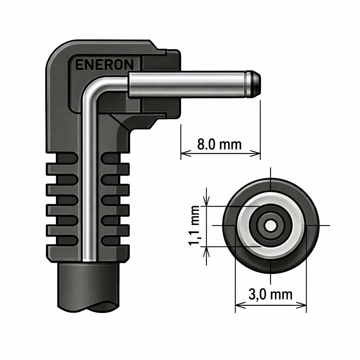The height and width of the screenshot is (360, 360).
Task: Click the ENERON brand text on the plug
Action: (x=104, y=65)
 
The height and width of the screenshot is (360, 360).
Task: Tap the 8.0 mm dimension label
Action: (x=219, y=144)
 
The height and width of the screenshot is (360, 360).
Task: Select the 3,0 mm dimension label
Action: (x=270, y=295)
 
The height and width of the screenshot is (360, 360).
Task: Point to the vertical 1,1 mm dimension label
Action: (x=194, y=226)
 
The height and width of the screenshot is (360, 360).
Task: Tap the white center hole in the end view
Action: (x=271, y=225)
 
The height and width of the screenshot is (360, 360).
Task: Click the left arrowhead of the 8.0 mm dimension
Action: (x=186, y=153)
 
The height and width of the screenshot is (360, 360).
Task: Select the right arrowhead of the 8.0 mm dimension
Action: (x=255, y=153)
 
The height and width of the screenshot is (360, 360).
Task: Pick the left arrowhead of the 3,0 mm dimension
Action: (x=240, y=305)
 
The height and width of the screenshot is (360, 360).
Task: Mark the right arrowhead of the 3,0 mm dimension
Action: (x=301, y=305)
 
